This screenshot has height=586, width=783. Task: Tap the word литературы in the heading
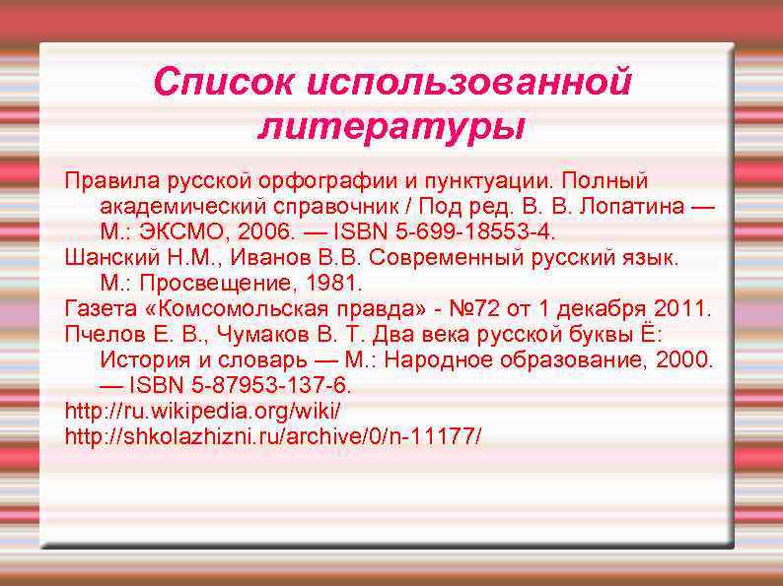click(x=391, y=127)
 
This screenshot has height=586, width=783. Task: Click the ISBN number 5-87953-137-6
click(x=265, y=384)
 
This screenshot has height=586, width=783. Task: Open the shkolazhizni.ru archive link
click(x=273, y=434)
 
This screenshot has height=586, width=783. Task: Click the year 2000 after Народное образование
click(x=680, y=359)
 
